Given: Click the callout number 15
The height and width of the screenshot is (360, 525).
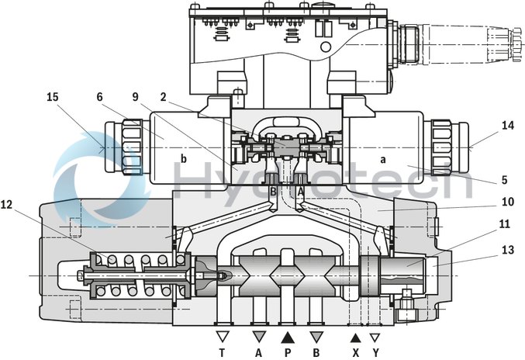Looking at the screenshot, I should pyautogui.click(x=53, y=98).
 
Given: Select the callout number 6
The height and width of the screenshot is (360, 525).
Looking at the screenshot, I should pyautogui.click(x=100, y=98).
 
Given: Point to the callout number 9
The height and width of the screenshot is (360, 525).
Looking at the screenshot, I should pyautogui.click(x=136, y=98).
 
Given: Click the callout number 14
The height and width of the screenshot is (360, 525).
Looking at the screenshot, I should pyautogui.click(x=507, y=125).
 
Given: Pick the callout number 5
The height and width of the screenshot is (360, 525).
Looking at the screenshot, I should pyautogui.click(x=505, y=180).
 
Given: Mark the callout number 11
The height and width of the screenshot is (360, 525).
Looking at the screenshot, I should pyautogui.click(x=505, y=224).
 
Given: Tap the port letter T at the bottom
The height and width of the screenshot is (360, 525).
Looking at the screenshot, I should pyautogui.click(x=223, y=351).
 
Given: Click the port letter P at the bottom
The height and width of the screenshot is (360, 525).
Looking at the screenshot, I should pyautogui.click(x=288, y=351).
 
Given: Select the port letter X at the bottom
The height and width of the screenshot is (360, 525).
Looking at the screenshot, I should pyautogui.click(x=356, y=351).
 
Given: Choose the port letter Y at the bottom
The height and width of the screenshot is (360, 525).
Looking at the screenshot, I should pyautogui.click(x=375, y=351).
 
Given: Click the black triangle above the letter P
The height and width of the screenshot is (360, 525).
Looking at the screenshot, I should pyautogui.click(x=288, y=337).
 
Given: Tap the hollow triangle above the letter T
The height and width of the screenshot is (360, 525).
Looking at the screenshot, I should pyautogui.click(x=223, y=337).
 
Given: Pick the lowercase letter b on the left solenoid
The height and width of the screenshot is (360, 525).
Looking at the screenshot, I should pyautogui.click(x=184, y=159).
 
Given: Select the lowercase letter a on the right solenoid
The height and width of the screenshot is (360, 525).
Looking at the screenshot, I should pyautogui.click(x=382, y=158).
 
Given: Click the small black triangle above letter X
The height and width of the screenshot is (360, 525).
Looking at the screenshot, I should pyautogui.click(x=356, y=337).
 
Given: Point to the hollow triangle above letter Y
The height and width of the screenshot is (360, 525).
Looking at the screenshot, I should pyautogui.click(x=375, y=337).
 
